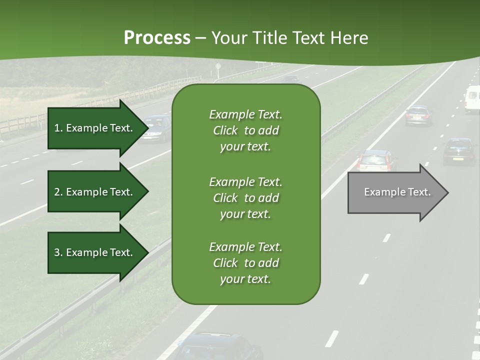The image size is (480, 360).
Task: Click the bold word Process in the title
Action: point(157,38)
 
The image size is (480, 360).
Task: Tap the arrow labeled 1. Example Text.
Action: point(93,128)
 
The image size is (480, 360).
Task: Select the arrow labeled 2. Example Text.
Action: point(93,192)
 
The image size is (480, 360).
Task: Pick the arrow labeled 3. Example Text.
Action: point(93,252)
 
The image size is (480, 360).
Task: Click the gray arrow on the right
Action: point(395,192)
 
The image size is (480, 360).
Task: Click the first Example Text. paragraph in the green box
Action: point(245,130)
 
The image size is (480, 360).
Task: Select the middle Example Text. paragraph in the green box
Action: point(245,197)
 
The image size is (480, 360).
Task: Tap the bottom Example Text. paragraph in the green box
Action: point(245,263)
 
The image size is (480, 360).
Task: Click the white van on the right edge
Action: point(472,98)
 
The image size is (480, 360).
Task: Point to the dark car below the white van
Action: point(459,151)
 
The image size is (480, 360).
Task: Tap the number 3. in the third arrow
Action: point(58,252)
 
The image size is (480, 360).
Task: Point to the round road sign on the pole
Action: point(218,66)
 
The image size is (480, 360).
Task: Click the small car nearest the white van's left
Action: point(418,115)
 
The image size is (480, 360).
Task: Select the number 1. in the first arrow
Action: point(58,128)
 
